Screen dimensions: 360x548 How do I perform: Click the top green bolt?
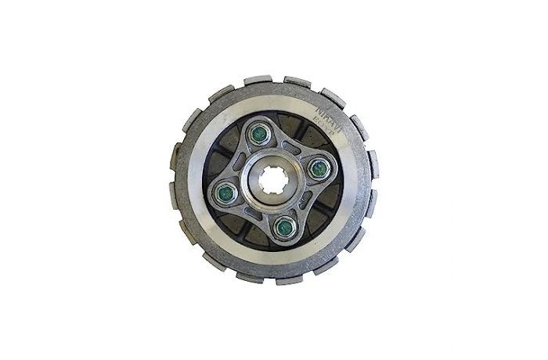coord(256,135)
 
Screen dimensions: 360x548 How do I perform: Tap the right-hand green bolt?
coord(319,167)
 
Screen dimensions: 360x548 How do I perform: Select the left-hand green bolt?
coord(224,190)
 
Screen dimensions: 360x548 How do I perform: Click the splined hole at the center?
coord(272,179)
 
